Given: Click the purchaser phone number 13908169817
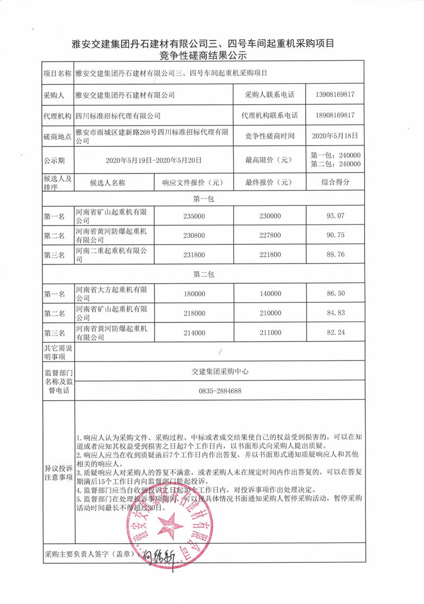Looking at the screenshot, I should click(x=333, y=95).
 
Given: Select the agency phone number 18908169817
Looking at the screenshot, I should click(x=333, y=115).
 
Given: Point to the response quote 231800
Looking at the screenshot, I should click(x=193, y=255).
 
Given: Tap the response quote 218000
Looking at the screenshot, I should click(x=193, y=313).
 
